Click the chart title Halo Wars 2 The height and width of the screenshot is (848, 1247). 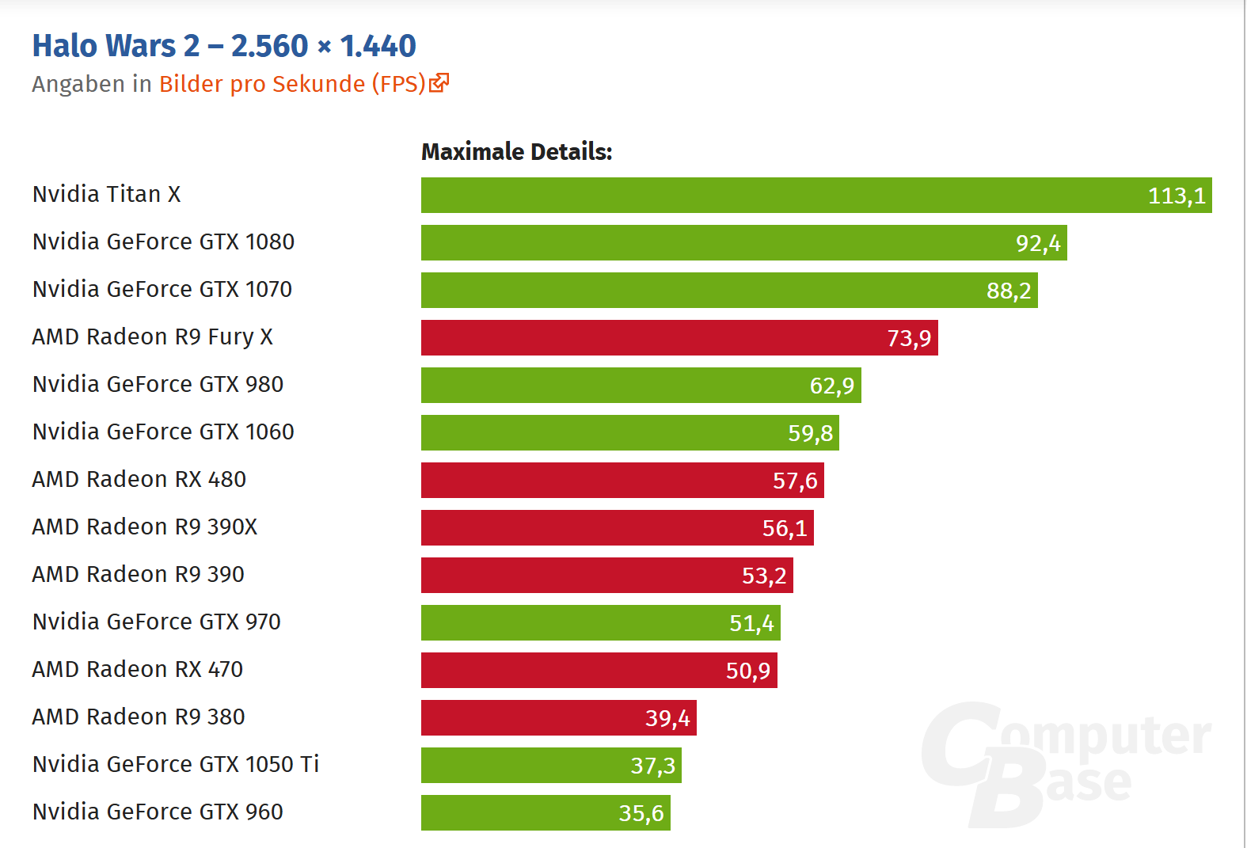tap(224, 46)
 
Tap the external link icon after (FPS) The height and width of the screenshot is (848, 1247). tap(439, 82)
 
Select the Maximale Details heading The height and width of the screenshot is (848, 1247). tap(516, 151)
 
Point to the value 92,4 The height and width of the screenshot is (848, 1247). tap(1038, 243)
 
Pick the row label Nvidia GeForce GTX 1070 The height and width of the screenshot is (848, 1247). tap(162, 289)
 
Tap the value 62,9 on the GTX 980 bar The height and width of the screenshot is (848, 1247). tap(832, 386)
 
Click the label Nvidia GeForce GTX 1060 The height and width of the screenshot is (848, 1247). tap(163, 432)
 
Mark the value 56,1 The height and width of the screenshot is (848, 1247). tap(785, 528)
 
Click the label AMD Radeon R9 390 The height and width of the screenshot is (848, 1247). tap(139, 574)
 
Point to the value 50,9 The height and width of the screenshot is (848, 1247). tap(748, 671)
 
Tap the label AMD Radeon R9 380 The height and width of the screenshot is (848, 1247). tap(139, 717)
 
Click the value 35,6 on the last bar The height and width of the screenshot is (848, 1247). tap(641, 813)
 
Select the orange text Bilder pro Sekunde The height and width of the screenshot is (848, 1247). tap(262, 84)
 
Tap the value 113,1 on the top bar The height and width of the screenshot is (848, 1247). tap(1177, 196)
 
